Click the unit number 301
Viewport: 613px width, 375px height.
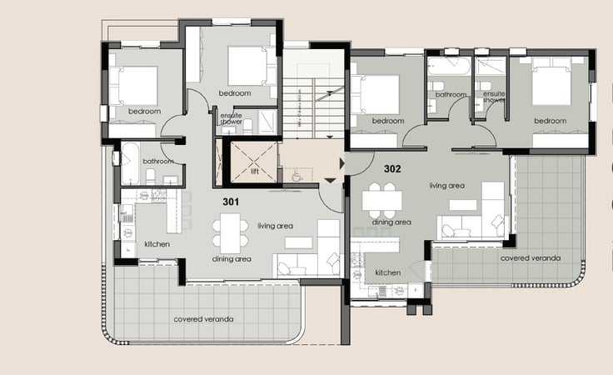tap(232, 202)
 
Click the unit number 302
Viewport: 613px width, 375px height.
tap(392, 168)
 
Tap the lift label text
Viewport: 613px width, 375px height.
tap(255, 172)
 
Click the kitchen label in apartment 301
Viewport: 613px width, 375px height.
tap(157, 244)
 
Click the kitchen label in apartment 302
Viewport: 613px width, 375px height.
tap(387, 272)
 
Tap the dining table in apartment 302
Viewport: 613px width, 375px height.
tap(382, 200)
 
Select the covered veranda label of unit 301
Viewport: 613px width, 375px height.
tap(203, 319)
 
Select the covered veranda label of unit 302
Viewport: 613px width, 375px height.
tap(530, 258)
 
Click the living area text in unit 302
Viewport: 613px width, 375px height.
tap(446, 186)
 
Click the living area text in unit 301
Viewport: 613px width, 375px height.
tap(275, 226)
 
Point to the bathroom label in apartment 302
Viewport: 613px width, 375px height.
tap(451, 95)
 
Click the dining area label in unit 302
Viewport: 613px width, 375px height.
tap(391, 222)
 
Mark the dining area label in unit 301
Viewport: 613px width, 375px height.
tap(232, 259)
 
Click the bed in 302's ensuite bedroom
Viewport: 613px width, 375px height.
tap(551, 86)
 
